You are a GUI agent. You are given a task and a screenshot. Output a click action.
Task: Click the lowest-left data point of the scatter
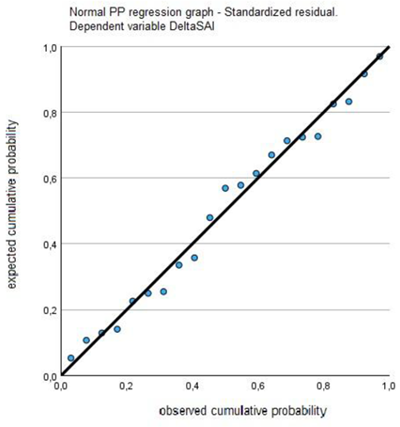(x=70, y=358)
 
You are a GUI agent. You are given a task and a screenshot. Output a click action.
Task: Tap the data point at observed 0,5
(x=225, y=188)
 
